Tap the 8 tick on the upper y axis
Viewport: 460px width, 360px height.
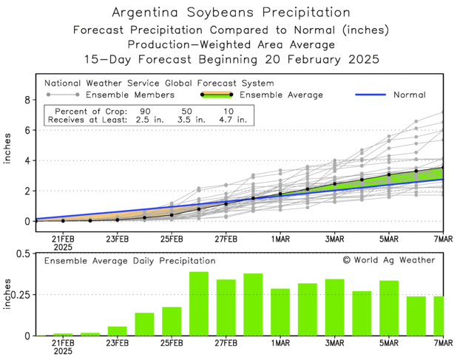tap(26, 100)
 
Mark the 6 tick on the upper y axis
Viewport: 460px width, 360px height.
tap(26, 130)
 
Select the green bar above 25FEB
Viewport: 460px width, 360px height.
tap(172, 321)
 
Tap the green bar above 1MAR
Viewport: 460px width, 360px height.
tap(280, 312)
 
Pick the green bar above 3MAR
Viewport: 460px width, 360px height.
tap(334, 307)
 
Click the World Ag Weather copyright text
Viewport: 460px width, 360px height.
tap(388, 260)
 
